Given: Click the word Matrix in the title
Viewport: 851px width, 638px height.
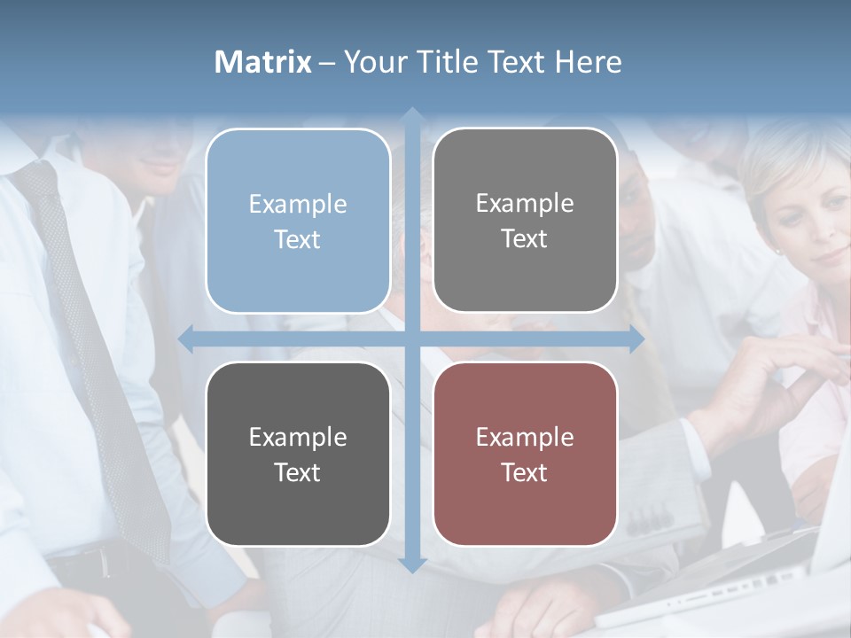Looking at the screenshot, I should click(x=263, y=62).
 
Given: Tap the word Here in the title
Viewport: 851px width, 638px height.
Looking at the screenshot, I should click(x=589, y=62).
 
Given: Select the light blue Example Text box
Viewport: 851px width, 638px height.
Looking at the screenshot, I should click(x=298, y=221).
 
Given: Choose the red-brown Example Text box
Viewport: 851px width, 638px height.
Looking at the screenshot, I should click(x=525, y=454).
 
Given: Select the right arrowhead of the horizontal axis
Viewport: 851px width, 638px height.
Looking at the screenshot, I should click(x=636, y=338).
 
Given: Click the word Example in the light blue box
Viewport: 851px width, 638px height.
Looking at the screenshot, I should click(x=298, y=204).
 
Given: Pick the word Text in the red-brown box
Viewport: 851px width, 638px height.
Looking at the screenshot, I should click(x=525, y=472).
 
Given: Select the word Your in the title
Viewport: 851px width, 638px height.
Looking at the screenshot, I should click(x=374, y=62).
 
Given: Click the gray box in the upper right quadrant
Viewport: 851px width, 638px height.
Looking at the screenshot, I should click(x=525, y=221).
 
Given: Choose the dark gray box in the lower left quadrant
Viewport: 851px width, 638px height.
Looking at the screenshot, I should click(x=298, y=454).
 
